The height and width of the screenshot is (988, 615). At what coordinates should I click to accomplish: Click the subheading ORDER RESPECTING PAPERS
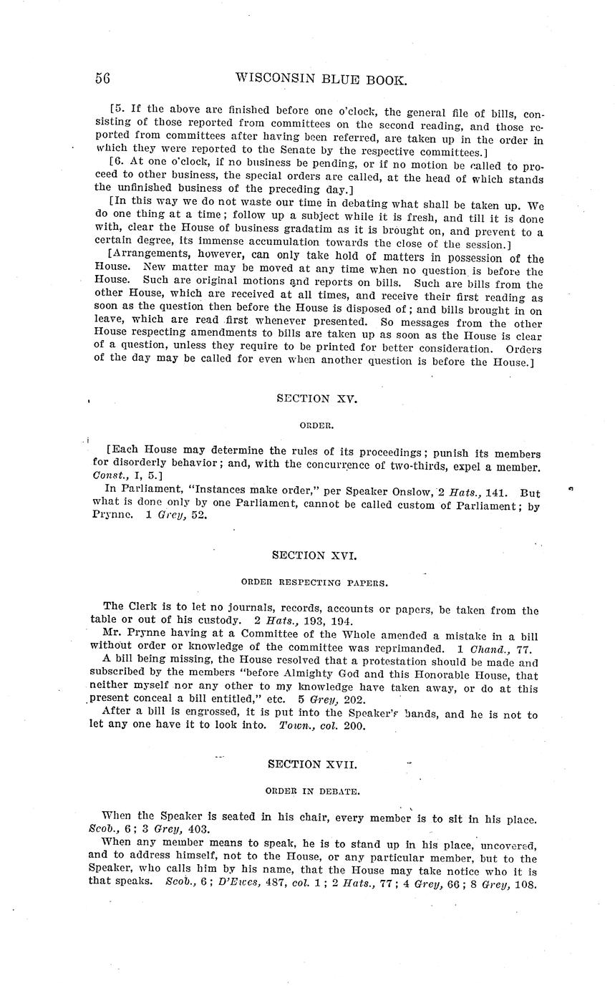[x=315, y=583]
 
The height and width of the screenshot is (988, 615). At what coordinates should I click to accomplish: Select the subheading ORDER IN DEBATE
[x=312, y=791]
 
